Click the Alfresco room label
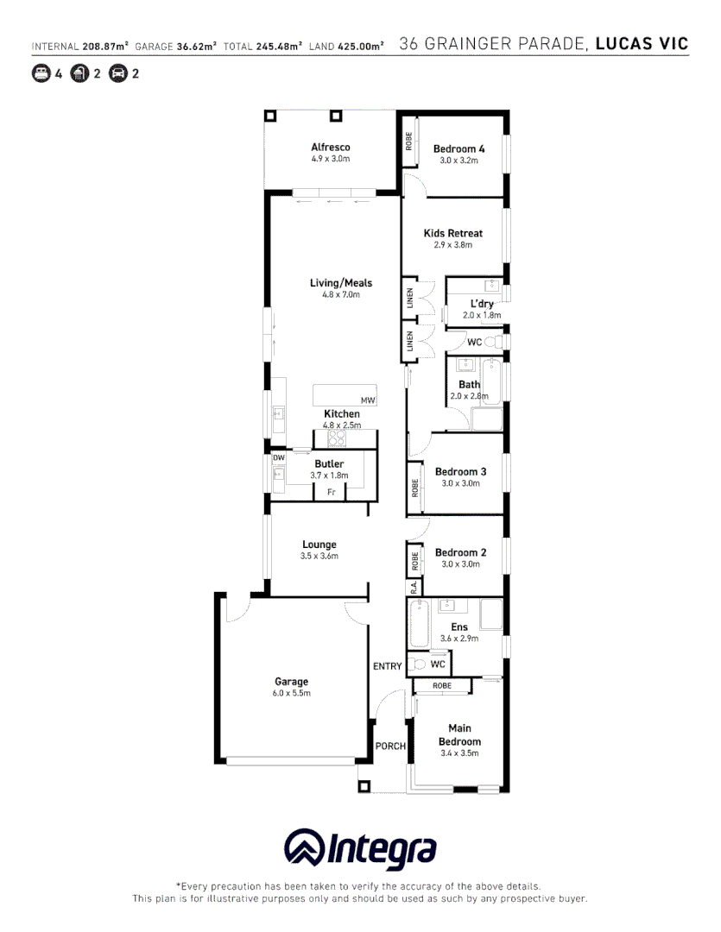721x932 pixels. coord(331,148)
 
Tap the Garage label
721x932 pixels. coord(291,682)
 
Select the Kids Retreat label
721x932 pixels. coord(452,233)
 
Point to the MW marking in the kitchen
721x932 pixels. coord(368,400)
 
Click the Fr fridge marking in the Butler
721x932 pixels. coord(331,493)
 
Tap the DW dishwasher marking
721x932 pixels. coord(279,457)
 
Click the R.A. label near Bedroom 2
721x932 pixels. coord(414,587)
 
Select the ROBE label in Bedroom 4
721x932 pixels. coord(409,142)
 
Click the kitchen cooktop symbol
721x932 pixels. coord(336,438)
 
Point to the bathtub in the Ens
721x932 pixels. coord(419,625)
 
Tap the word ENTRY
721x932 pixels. coord(387,666)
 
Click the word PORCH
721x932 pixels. coord(390,746)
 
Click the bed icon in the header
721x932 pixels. coord(41,73)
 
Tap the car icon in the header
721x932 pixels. coord(118,73)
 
